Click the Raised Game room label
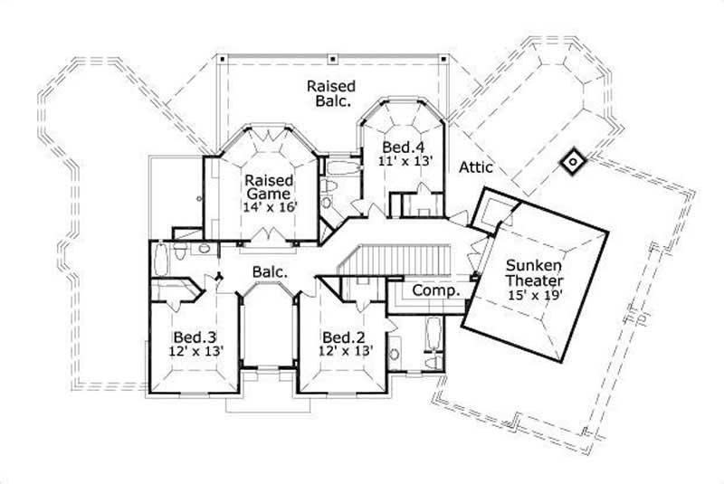pyautogui.click(x=268, y=186)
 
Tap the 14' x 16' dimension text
pyautogui.click(x=269, y=207)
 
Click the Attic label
pyautogui.click(x=475, y=167)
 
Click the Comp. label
pyautogui.click(x=436, y=291)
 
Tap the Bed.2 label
pyautogui.click(x=343, y=337)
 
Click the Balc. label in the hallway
pyautogui.click(x=271, y=271)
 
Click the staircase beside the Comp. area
pyautogui.click(x=398, y=260)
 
